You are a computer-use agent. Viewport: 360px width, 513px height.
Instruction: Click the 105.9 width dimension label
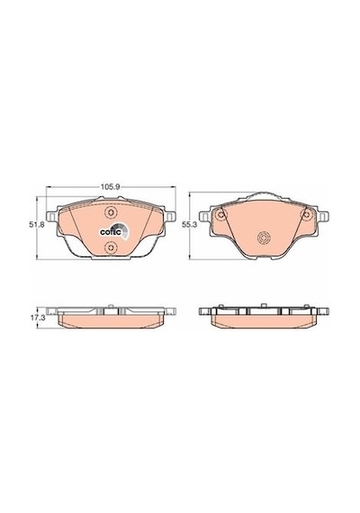[x=111, y=187]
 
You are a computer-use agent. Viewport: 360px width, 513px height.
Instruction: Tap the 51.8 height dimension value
[x=33, y=225]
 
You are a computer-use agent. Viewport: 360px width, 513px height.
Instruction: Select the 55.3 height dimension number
[x=189, y=224]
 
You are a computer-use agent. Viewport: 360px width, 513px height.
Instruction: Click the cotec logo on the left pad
[x=114, y=230]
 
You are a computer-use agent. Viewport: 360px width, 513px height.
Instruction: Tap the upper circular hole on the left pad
[x=111, y=212]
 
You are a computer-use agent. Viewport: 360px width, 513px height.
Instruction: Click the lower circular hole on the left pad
[x=111, y=247]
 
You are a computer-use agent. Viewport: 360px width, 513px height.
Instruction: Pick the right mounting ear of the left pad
[x=169, y=216]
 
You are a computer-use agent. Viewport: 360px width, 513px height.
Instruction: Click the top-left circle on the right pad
[x=221, y=214]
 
